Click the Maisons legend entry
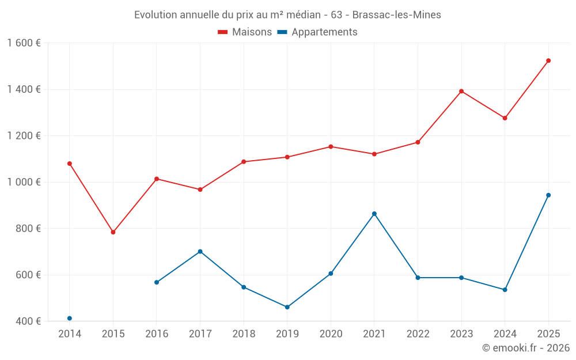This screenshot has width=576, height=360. [245, 32]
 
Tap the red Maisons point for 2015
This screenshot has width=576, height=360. [113, 232]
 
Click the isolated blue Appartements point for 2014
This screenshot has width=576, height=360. [70, 319]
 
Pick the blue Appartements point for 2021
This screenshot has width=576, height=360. [374, 214]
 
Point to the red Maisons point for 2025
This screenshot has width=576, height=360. [548, 60]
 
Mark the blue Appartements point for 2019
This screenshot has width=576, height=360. [287, 307]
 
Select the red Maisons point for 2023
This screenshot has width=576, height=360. [461, 91]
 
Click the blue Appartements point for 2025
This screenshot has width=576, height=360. [548, 195]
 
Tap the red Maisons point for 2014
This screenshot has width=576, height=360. [70, 164]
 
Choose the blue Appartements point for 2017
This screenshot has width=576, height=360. [200, 251]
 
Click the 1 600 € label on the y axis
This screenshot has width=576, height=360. [24, 43]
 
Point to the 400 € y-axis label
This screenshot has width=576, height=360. [28, 321]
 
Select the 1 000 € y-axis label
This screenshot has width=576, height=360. [24, 182]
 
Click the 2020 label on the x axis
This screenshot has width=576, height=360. [331, 334]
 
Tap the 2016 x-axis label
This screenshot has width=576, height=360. [157, 334]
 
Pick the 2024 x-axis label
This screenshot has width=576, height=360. [505, 334]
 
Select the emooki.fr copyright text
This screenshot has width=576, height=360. [525, 348]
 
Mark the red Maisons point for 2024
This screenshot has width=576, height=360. [505, 118]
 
